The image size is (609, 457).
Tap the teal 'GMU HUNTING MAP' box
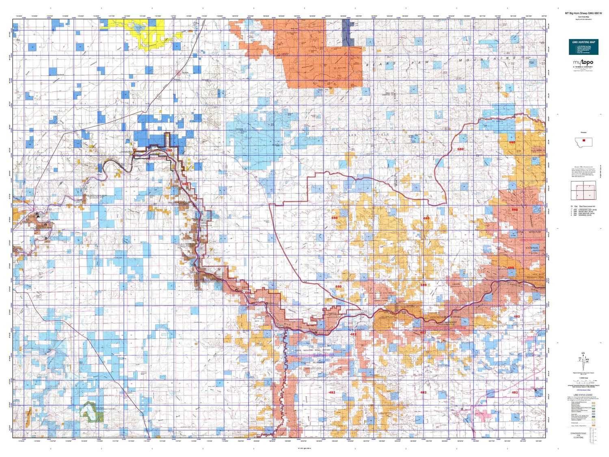pyautogui.click(x=583, y=47)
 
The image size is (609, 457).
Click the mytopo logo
pyautogui.click(x=583, y=63)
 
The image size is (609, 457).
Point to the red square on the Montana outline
pyautogui.click(x=583, y=141)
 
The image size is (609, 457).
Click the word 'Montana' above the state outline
pyautogui.click(x=583, y=133)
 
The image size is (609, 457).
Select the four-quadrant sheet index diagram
pyautogui.click(x=583, y=191)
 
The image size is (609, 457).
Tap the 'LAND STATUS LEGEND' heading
pyautogui.click(x=583, y=395)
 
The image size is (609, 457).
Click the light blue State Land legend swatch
pyautogui.click(x=593, y=414)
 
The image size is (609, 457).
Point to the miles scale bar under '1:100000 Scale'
pyautogui.click(x=583, y=381)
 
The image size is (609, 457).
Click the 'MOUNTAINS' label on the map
pyautogui.click(x=487, y=59)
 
